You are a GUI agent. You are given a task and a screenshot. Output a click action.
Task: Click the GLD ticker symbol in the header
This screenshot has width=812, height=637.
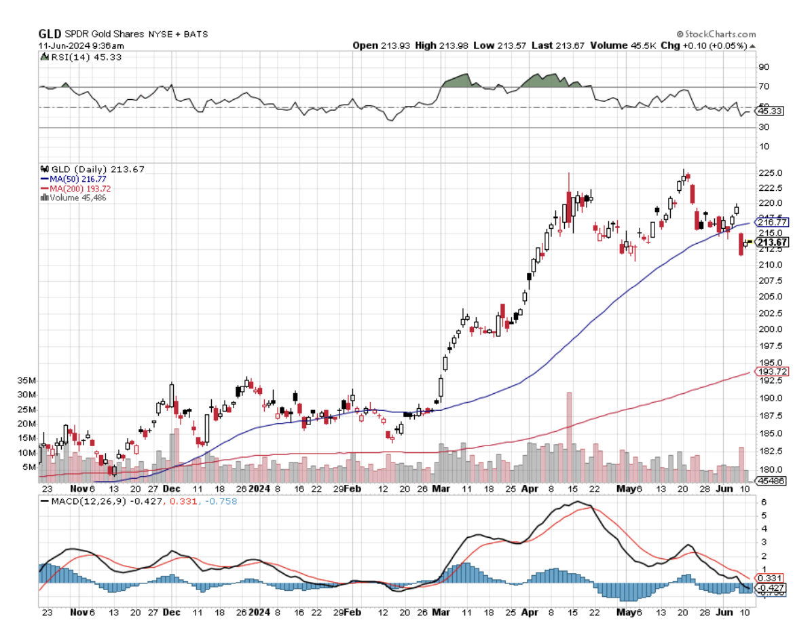[x=50, y=34]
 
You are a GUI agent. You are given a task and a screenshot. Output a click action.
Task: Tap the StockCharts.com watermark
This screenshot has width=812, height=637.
[x=717, y=34]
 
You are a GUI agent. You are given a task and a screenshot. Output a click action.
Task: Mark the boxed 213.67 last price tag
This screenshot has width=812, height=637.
[x=771, y=242]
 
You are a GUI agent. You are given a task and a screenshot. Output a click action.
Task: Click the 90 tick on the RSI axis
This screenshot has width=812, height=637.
[x=763, y=67]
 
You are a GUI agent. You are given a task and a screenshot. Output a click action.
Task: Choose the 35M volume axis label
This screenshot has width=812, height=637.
[x=27, y=380]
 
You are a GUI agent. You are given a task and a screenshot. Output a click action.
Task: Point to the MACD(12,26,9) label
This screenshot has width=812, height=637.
[x=85, y=500]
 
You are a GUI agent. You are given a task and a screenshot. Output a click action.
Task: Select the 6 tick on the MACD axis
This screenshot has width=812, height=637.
[x=762, y=501]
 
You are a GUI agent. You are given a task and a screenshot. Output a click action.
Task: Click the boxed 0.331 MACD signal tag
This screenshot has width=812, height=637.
[x=769, y=577]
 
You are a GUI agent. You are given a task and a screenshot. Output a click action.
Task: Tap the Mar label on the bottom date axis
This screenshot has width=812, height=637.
[x=441, y=612]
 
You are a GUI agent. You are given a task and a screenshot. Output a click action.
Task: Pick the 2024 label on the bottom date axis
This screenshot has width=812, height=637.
[x=259, y=612]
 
